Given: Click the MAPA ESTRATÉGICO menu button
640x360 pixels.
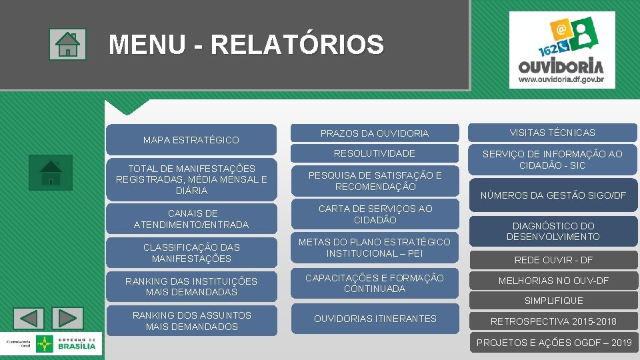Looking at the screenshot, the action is [191, 140].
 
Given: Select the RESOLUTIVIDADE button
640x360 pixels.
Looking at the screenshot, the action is [374, 153].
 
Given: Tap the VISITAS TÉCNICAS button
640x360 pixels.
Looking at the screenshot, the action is [552, 133].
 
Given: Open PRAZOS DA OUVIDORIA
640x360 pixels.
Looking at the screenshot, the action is [374, 133].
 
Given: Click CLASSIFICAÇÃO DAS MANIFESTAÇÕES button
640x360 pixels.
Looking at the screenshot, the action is [191, 253].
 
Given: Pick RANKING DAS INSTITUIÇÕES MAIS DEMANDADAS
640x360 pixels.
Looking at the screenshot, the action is [191, 287].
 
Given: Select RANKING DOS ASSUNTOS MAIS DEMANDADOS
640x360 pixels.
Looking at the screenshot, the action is [191, 321].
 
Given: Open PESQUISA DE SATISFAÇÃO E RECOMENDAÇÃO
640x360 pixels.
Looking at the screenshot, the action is [374, 181].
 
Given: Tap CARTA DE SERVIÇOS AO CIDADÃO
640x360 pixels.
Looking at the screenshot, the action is [374, 214].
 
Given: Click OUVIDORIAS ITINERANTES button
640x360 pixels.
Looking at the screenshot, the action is [374, 319].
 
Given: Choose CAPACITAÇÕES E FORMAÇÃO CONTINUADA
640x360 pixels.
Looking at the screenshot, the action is [374, 283].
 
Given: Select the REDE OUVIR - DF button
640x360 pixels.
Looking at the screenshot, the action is [553, 260].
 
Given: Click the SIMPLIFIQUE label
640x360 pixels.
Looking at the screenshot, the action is [553, 301].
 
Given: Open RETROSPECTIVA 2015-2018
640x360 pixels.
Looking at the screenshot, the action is [553, 321].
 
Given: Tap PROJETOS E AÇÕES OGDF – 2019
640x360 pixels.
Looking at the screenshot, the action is [553, 343].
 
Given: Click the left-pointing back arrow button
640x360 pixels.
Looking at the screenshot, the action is [29, 318].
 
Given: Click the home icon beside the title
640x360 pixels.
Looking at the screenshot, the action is [67, 45].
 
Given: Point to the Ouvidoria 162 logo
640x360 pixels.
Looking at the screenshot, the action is [561, 50].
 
